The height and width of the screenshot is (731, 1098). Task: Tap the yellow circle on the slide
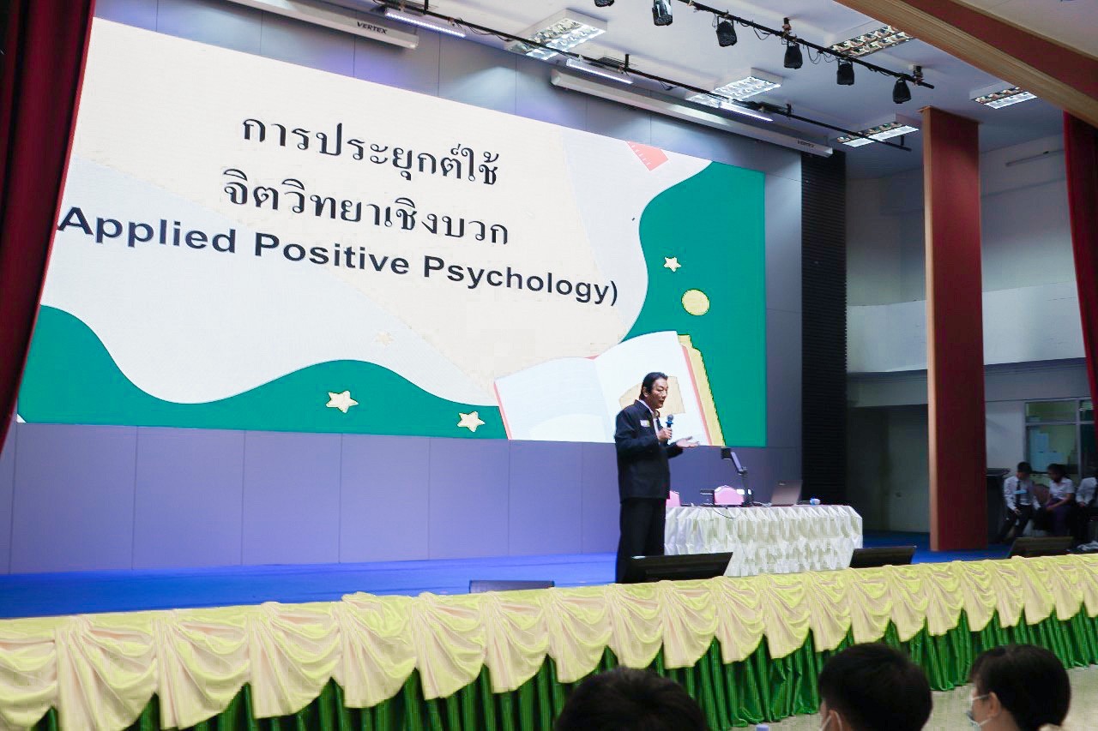point(696,302)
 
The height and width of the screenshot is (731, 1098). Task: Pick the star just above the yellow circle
point(673,263)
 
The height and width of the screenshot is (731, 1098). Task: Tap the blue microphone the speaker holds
point(668,424)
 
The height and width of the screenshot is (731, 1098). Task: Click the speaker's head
point(655,390)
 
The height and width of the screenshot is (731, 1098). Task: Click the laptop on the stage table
point(785,493)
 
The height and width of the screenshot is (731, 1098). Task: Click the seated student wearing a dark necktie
point(1014,502)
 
